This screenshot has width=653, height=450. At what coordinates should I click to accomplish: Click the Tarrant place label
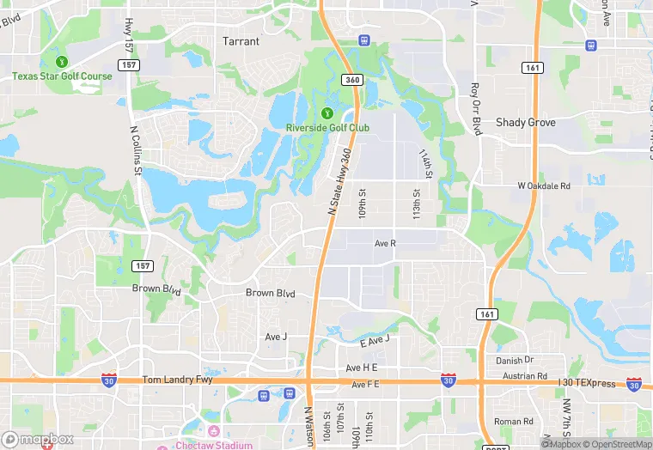(x=241, y=40)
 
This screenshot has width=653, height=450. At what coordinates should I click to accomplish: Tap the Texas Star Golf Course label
(x=62, y=76)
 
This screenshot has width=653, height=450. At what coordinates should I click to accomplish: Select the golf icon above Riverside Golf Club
(x=326, y=113)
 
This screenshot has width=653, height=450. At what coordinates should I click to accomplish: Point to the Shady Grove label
(x=526, y=123)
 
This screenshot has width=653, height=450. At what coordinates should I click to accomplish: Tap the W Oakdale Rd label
(x=544, y=185)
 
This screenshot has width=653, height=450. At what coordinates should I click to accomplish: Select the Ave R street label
(x=385, y=244)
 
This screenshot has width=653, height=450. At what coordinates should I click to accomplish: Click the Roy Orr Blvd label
(x=476, y=109)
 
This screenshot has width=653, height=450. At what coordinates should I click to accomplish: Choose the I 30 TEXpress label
(x=587, y=383)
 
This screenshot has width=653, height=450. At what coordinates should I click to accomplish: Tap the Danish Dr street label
(x=516, y=360)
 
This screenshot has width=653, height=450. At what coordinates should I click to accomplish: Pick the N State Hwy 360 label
(x=340, y=179)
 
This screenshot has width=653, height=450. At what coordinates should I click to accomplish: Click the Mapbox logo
(x=37, y=439)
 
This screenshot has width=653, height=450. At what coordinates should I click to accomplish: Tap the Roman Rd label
(x=514, y=422)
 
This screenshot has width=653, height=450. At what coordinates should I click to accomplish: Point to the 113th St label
(x=417, y=204)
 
